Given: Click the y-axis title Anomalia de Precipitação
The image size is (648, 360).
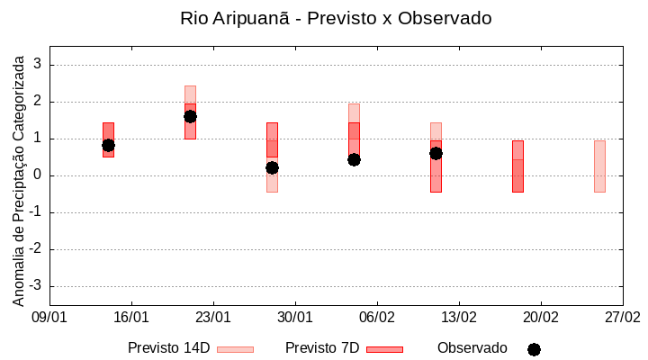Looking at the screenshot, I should coord(18,178).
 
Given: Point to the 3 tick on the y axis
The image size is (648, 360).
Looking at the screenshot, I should coord(39,65).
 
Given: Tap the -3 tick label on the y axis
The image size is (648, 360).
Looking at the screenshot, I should coord(37,286).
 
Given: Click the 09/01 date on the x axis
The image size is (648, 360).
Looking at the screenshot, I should coord(49,318).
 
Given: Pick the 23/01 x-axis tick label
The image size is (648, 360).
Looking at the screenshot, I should coord(213,318).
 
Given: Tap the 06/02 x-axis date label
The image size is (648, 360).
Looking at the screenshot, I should coord(377,318).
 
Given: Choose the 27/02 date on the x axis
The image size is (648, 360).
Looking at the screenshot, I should coord(623,318).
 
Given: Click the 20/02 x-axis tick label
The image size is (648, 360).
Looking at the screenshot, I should coord(541,318).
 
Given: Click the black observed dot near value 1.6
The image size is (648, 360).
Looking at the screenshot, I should coord(190,116).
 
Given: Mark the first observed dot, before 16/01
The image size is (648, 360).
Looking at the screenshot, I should coord(108,145).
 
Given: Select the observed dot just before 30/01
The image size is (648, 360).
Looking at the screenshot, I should coord(272,167).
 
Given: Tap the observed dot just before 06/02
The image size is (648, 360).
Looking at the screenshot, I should coord(354,159).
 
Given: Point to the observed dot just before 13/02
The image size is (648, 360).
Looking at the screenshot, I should coord(436,153).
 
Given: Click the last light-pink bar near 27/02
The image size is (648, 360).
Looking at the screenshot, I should coord(599,166).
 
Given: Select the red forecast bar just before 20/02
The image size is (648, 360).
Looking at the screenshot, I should coord(517,166).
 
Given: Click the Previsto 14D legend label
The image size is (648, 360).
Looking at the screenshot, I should coord(168,348).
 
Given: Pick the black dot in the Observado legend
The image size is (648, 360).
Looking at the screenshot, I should coord(534,349).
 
